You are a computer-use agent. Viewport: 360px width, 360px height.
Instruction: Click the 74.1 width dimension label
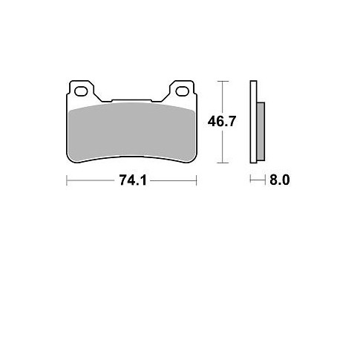[x=131, y=180]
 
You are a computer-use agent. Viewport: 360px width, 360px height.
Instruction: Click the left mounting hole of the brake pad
[x=81, y=93]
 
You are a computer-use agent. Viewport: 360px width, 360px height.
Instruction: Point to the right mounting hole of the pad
[x=182, y=93]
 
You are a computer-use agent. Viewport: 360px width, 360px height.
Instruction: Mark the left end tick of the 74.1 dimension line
[x=67, y=180]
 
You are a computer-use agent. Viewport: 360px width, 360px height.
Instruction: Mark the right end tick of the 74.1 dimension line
[x=196, y=180]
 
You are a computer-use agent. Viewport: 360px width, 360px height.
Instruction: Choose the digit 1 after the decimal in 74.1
[x=141, y=180]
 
